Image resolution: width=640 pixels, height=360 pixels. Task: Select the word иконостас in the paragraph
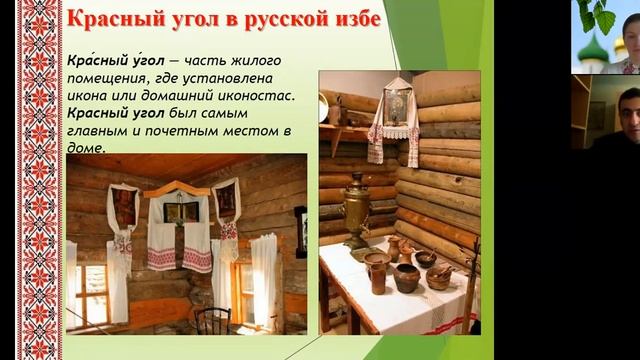point(251,95)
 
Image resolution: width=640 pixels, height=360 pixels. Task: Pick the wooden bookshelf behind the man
point(580,110)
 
